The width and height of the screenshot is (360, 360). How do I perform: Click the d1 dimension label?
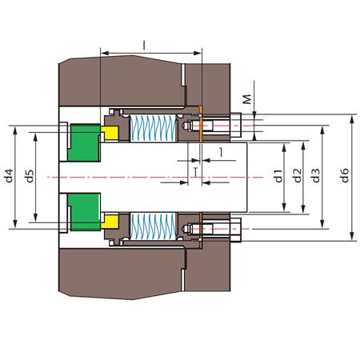coord(278,176)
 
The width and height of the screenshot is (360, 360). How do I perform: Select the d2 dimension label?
coord(298,175)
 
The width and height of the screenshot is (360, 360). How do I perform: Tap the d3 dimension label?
coord(316,175)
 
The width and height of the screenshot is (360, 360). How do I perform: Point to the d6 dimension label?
coord(345,175)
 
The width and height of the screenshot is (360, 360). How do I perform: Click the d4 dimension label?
coord(9,175)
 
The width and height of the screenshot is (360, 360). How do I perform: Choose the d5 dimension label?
coord(30,176)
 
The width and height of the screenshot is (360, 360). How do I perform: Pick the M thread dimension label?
coord(248,99)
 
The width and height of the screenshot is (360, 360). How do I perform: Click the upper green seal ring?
coord(84,143)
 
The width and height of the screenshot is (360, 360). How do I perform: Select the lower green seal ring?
coord(84,212)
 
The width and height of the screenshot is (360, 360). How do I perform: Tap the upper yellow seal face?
coord(110,133)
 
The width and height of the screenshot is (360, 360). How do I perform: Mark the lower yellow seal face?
coord(110,222)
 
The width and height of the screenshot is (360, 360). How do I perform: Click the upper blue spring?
coord(153,129)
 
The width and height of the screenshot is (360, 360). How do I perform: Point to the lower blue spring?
coord(153,226)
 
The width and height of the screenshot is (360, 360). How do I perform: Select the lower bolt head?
coord(236,230)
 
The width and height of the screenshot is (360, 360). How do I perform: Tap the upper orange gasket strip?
coord(201,124)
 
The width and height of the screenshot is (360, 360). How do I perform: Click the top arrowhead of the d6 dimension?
coord(352,119)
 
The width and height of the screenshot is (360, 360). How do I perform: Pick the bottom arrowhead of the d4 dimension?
coord(15,224)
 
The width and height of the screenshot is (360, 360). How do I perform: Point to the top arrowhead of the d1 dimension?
coord(284,148)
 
